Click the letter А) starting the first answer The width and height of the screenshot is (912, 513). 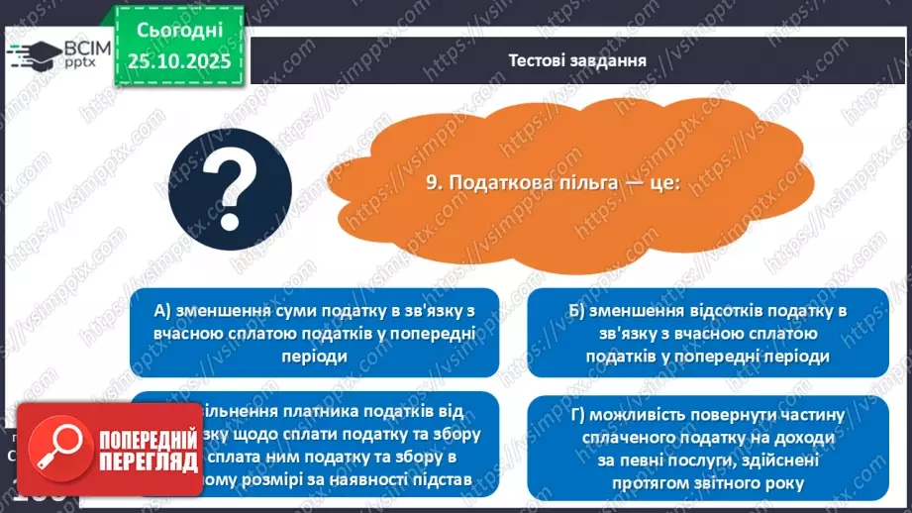click(x=164, y=311)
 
